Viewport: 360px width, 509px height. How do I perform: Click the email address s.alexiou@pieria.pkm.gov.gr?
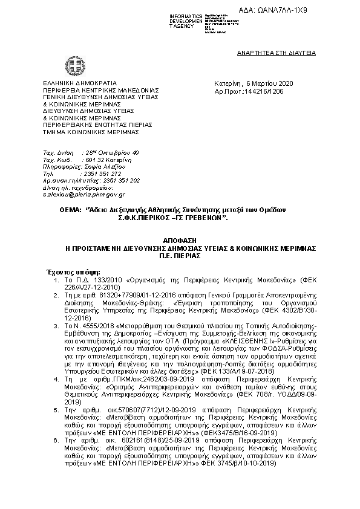tap(83, 195)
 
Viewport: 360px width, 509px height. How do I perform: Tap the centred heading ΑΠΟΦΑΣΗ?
tap(179, 239)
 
